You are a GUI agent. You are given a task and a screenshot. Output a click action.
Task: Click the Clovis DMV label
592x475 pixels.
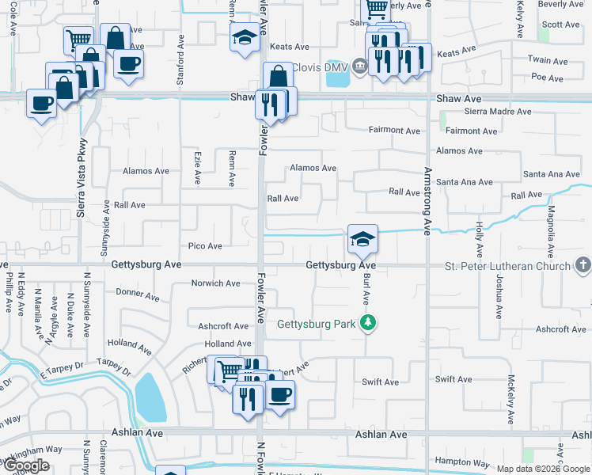tap(321, 67)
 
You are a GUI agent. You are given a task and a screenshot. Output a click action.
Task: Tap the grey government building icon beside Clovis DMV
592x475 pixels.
tap(360, 65)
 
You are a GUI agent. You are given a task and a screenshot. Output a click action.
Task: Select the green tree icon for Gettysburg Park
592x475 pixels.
tap(367, 322)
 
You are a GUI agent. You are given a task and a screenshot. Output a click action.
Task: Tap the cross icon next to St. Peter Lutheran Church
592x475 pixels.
tap(583, 264)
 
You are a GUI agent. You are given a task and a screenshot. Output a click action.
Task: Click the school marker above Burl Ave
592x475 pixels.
tap(362, 238)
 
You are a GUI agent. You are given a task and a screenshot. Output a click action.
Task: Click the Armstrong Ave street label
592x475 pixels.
tap(427, 200)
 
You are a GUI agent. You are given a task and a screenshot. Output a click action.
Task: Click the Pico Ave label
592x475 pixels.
tap(205, 246)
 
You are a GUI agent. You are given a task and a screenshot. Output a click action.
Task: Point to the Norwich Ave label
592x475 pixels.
tap(215, 283)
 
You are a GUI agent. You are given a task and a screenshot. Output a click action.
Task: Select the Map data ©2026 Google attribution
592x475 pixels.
tap(543, 469)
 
